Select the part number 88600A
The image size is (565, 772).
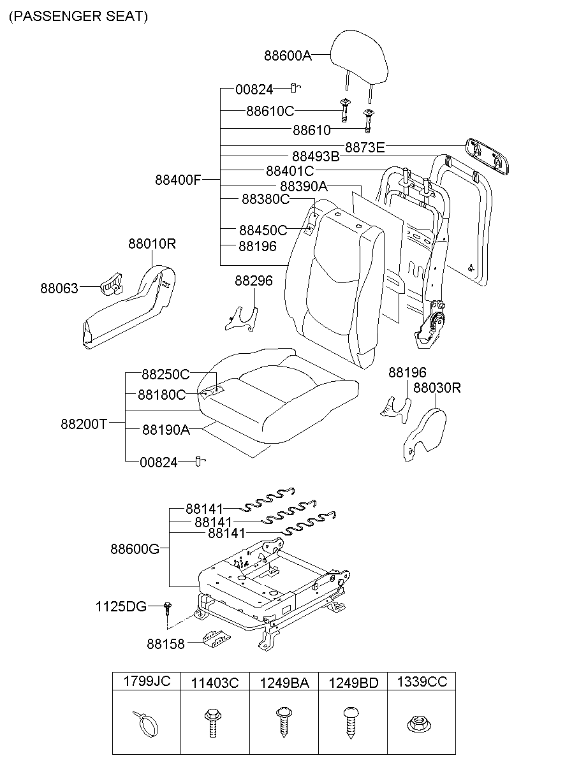point(288,56)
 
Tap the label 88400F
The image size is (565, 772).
point(178,180)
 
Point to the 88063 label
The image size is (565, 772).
point(59,289)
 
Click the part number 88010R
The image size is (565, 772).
point(152,244)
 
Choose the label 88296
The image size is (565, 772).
point(253,280)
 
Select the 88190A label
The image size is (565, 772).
point(166,430)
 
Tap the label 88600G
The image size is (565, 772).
point(135,548)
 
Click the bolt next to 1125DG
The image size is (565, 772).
point(168,606)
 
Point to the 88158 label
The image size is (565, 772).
point(165,644)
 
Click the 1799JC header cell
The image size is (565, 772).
point(147,681)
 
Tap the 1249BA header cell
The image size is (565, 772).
point(284,683)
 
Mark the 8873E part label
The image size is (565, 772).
point(365,148)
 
